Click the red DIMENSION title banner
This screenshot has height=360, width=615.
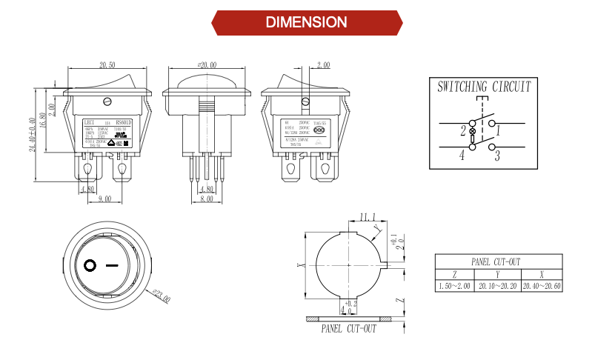click(x=307, y=22)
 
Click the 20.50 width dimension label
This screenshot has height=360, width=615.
click(x=107, y=66)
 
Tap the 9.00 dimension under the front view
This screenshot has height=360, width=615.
click(x=104, y=199)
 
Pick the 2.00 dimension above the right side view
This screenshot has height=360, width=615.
click(x=322, y=66)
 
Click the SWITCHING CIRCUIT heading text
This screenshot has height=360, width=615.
click(x=484, y=87)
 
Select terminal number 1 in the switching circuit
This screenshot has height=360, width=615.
click(x=499, y=131)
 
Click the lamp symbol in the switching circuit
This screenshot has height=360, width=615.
click(x=472, y=130)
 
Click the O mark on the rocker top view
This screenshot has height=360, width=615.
click(x=90, y=265)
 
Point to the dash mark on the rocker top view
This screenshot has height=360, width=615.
click(x=113, y=265)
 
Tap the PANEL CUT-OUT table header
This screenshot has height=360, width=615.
click(x=496, y=261)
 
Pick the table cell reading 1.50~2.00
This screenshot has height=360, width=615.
click(x=454, y=285)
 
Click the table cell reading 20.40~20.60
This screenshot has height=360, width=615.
click(x=542, y=285)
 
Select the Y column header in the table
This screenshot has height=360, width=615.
click(x=496, y=273)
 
